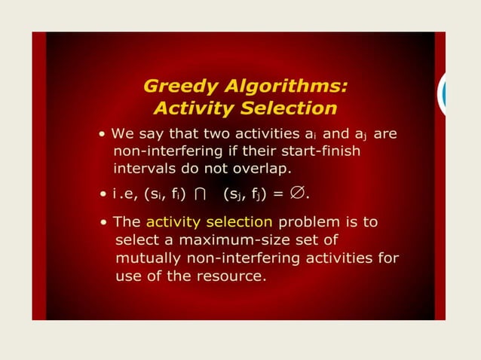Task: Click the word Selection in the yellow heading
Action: tap(289, 108)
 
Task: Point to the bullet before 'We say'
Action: tap(102, 134)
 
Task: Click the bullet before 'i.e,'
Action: tap(103, 194)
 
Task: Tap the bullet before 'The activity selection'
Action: tap(103, 223)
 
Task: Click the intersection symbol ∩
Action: tap(200, 194)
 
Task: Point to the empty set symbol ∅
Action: tap(301, 193)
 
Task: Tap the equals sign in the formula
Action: tap(278, 194)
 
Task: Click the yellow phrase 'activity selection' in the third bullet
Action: tap(209, 222)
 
